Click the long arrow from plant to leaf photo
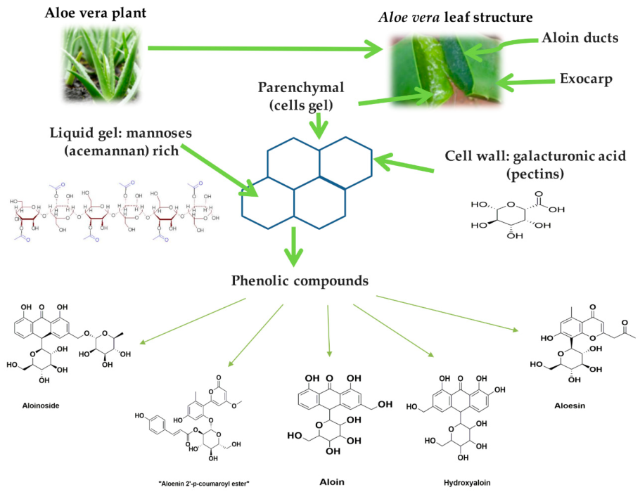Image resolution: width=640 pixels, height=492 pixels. [267, 48]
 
